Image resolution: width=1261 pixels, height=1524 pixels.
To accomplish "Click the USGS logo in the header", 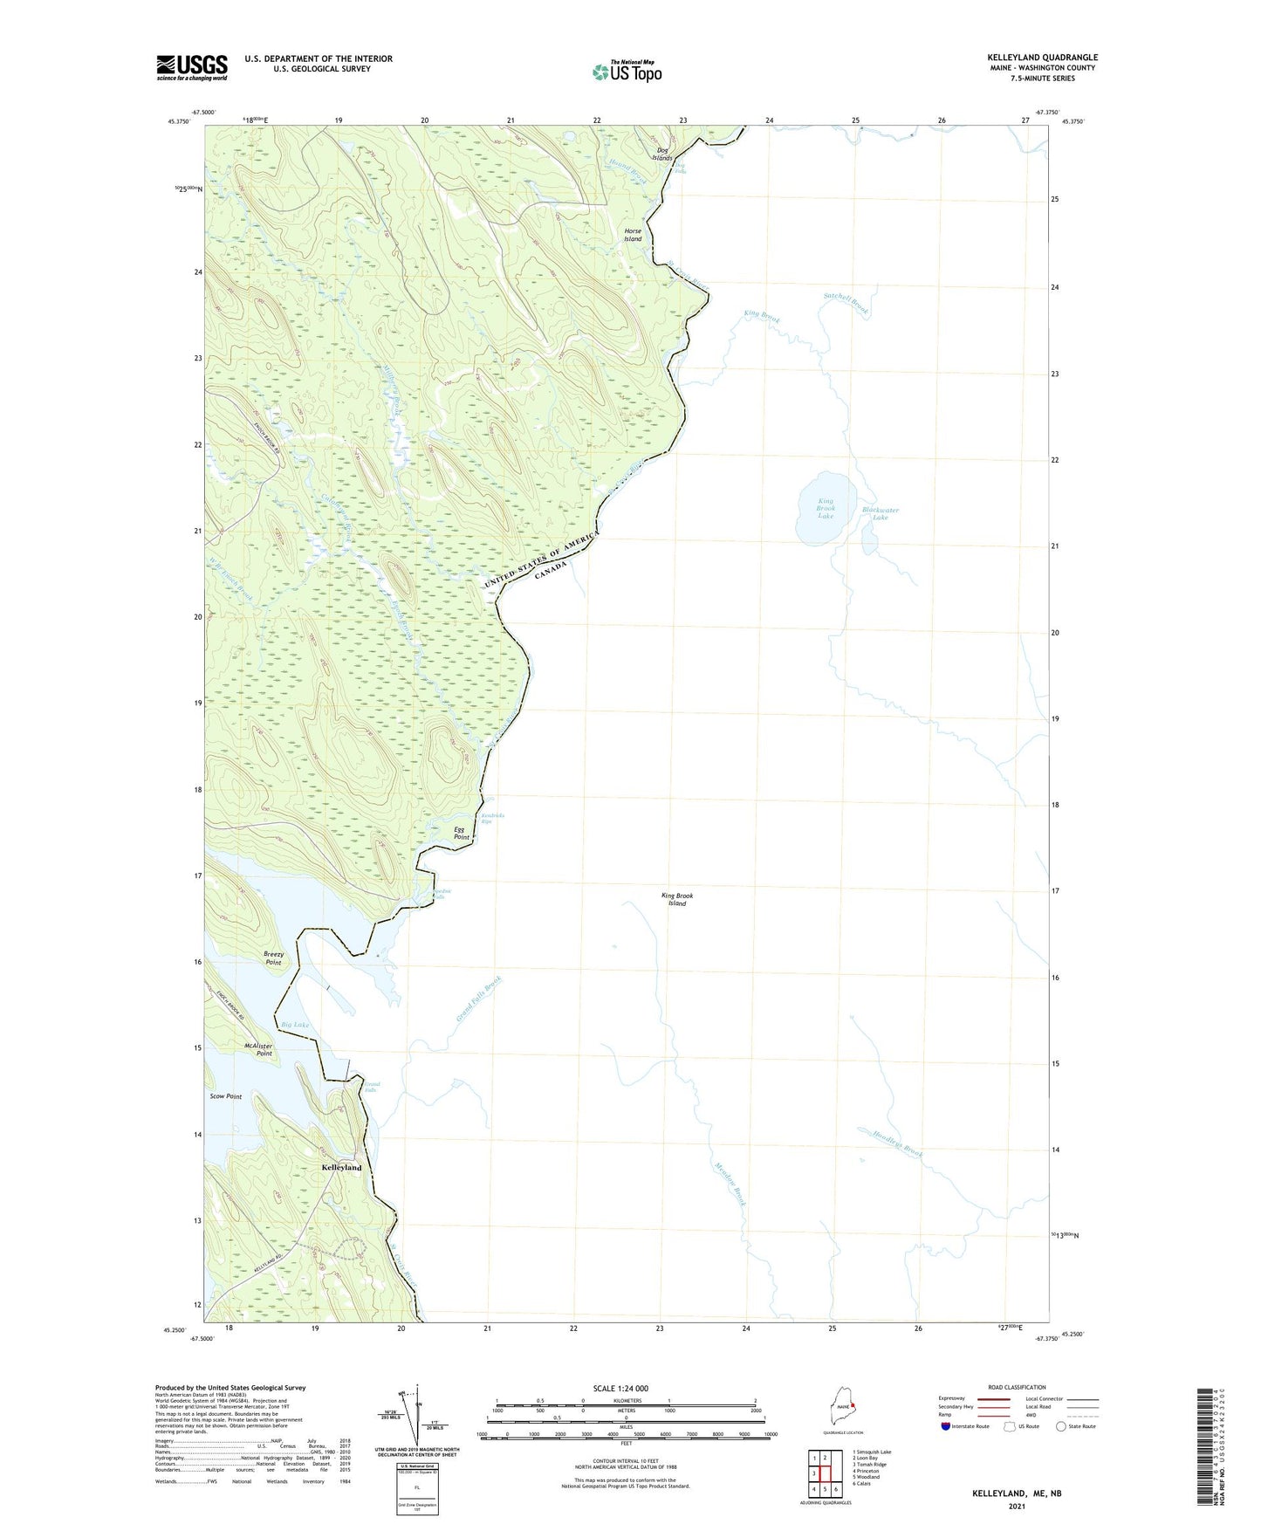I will click(192, 67).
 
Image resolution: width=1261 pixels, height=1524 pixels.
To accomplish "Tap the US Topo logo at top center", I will click(627, 71).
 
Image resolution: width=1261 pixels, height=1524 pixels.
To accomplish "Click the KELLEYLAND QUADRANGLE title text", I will click(1042, 58).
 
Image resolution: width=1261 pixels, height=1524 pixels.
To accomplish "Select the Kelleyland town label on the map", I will click(341, 1167).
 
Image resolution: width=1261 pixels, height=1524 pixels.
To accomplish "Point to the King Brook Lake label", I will click(826, 509).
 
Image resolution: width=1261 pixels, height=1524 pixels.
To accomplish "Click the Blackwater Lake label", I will click(880, 513).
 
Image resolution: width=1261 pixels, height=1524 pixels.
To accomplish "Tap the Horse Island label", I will click(633, 235).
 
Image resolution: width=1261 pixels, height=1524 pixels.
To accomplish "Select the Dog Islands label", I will click(663, 154).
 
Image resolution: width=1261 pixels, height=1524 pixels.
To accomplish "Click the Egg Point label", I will click(461, 833).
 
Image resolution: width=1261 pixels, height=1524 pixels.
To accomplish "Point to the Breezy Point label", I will click(273, 958).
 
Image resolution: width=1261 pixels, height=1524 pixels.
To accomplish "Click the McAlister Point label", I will click(258, 1049).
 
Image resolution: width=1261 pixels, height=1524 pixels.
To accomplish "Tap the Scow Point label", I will click(226, 1096).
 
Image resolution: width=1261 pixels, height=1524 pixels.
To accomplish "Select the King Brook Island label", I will click(677, 899).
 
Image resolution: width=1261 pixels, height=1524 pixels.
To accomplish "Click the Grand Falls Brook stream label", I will click(479, 1000).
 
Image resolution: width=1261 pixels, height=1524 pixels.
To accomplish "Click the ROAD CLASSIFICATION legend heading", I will click(1017, 1387).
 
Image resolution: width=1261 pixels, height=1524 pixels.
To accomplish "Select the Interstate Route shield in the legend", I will click(946, 1426).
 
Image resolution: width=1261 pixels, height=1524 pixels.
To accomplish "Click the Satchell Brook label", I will click(846, 302).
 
